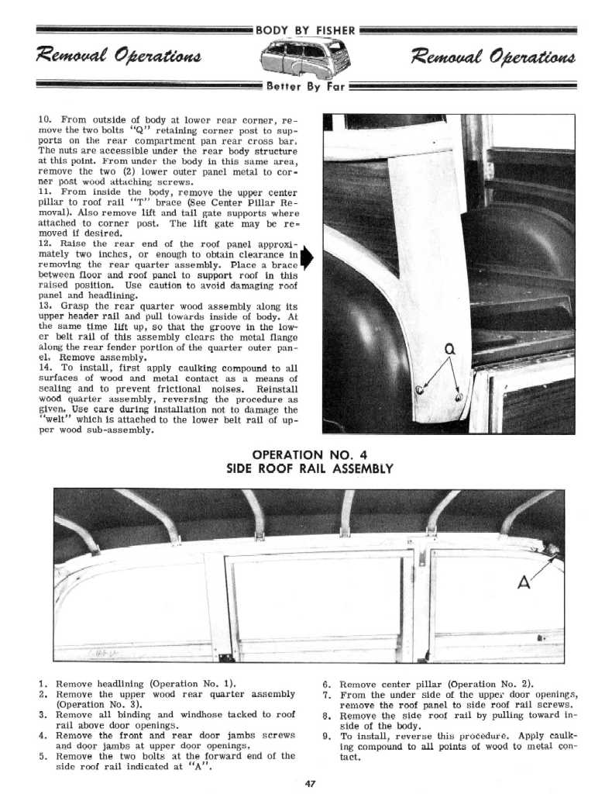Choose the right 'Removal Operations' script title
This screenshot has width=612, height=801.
point(493,57)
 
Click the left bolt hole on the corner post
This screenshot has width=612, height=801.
point(419,390)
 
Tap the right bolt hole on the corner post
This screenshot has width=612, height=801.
point(459,397)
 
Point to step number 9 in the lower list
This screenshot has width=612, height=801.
point(326,735)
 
